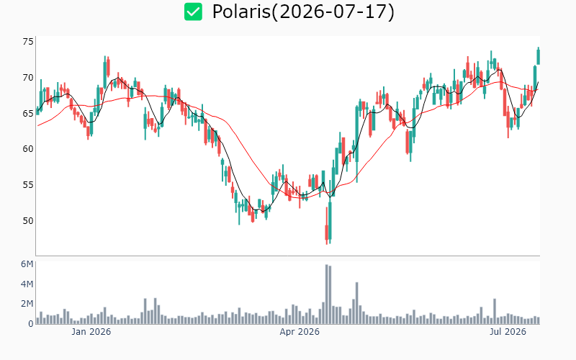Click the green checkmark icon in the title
pyautogui.click(x=193, y=12)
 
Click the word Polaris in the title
pyautogui.click(x=241, y=12)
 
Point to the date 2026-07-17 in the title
pyautogui.click(x=333, y=12)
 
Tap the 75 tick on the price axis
pyautogui.click(x=28, y=42)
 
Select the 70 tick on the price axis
pyautogui.click(x=28, y=78)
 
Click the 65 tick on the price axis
pyautogui.click(x=28, y=113)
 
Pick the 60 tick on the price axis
pyautogui.click(x=28, y=149)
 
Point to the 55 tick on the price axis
pyautogui.click(x=28, y=185)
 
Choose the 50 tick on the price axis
pyautogui.click(x=28, y=220)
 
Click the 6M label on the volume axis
pyautogui.click(x=27, y=264)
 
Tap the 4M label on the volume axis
pyautogui.click(x=27, y=284)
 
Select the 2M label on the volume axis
pyautogui.click(x=27, y=304)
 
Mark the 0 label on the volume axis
pyautogui.click(x=31, y=323)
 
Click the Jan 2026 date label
pyautogui.click(x=91, y=332)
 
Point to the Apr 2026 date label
pyautogui.click(x=300, y=332)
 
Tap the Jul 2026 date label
pyautogui.click(x=508, y=332)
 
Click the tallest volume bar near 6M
pyautogui.click(x=327, y=294)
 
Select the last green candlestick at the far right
pyautogui.click(x=539, y=57)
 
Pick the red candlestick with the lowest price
pyautogui.click(x=327, y=232)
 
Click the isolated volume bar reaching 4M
pyautogui.click(x=356, y=303)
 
